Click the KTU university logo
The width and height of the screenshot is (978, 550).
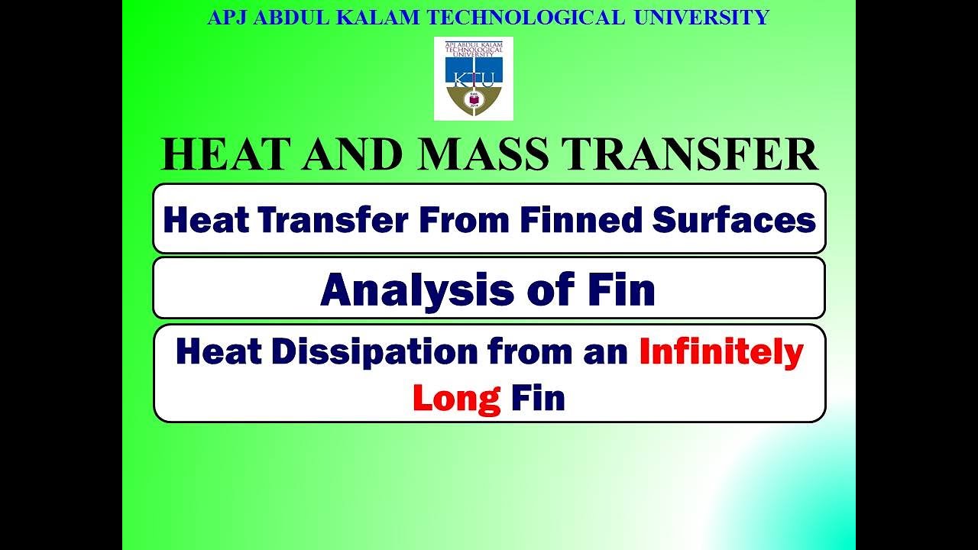tap(473, 79)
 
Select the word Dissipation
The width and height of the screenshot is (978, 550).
tap(369, 352)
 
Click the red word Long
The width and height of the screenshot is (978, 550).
tap(455, 399)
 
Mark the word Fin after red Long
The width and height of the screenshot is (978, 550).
tap(538, 398)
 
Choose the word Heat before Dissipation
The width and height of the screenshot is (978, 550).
tap(217, 352)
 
